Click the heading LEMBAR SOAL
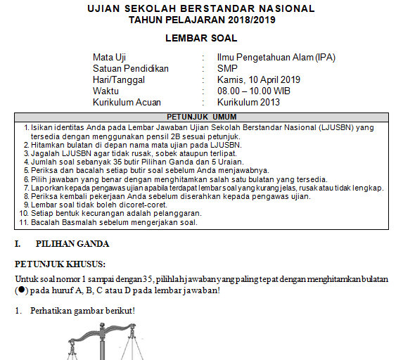200,38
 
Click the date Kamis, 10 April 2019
259,79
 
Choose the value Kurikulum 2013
249,102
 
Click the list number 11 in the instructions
23,222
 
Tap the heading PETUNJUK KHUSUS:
60,264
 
